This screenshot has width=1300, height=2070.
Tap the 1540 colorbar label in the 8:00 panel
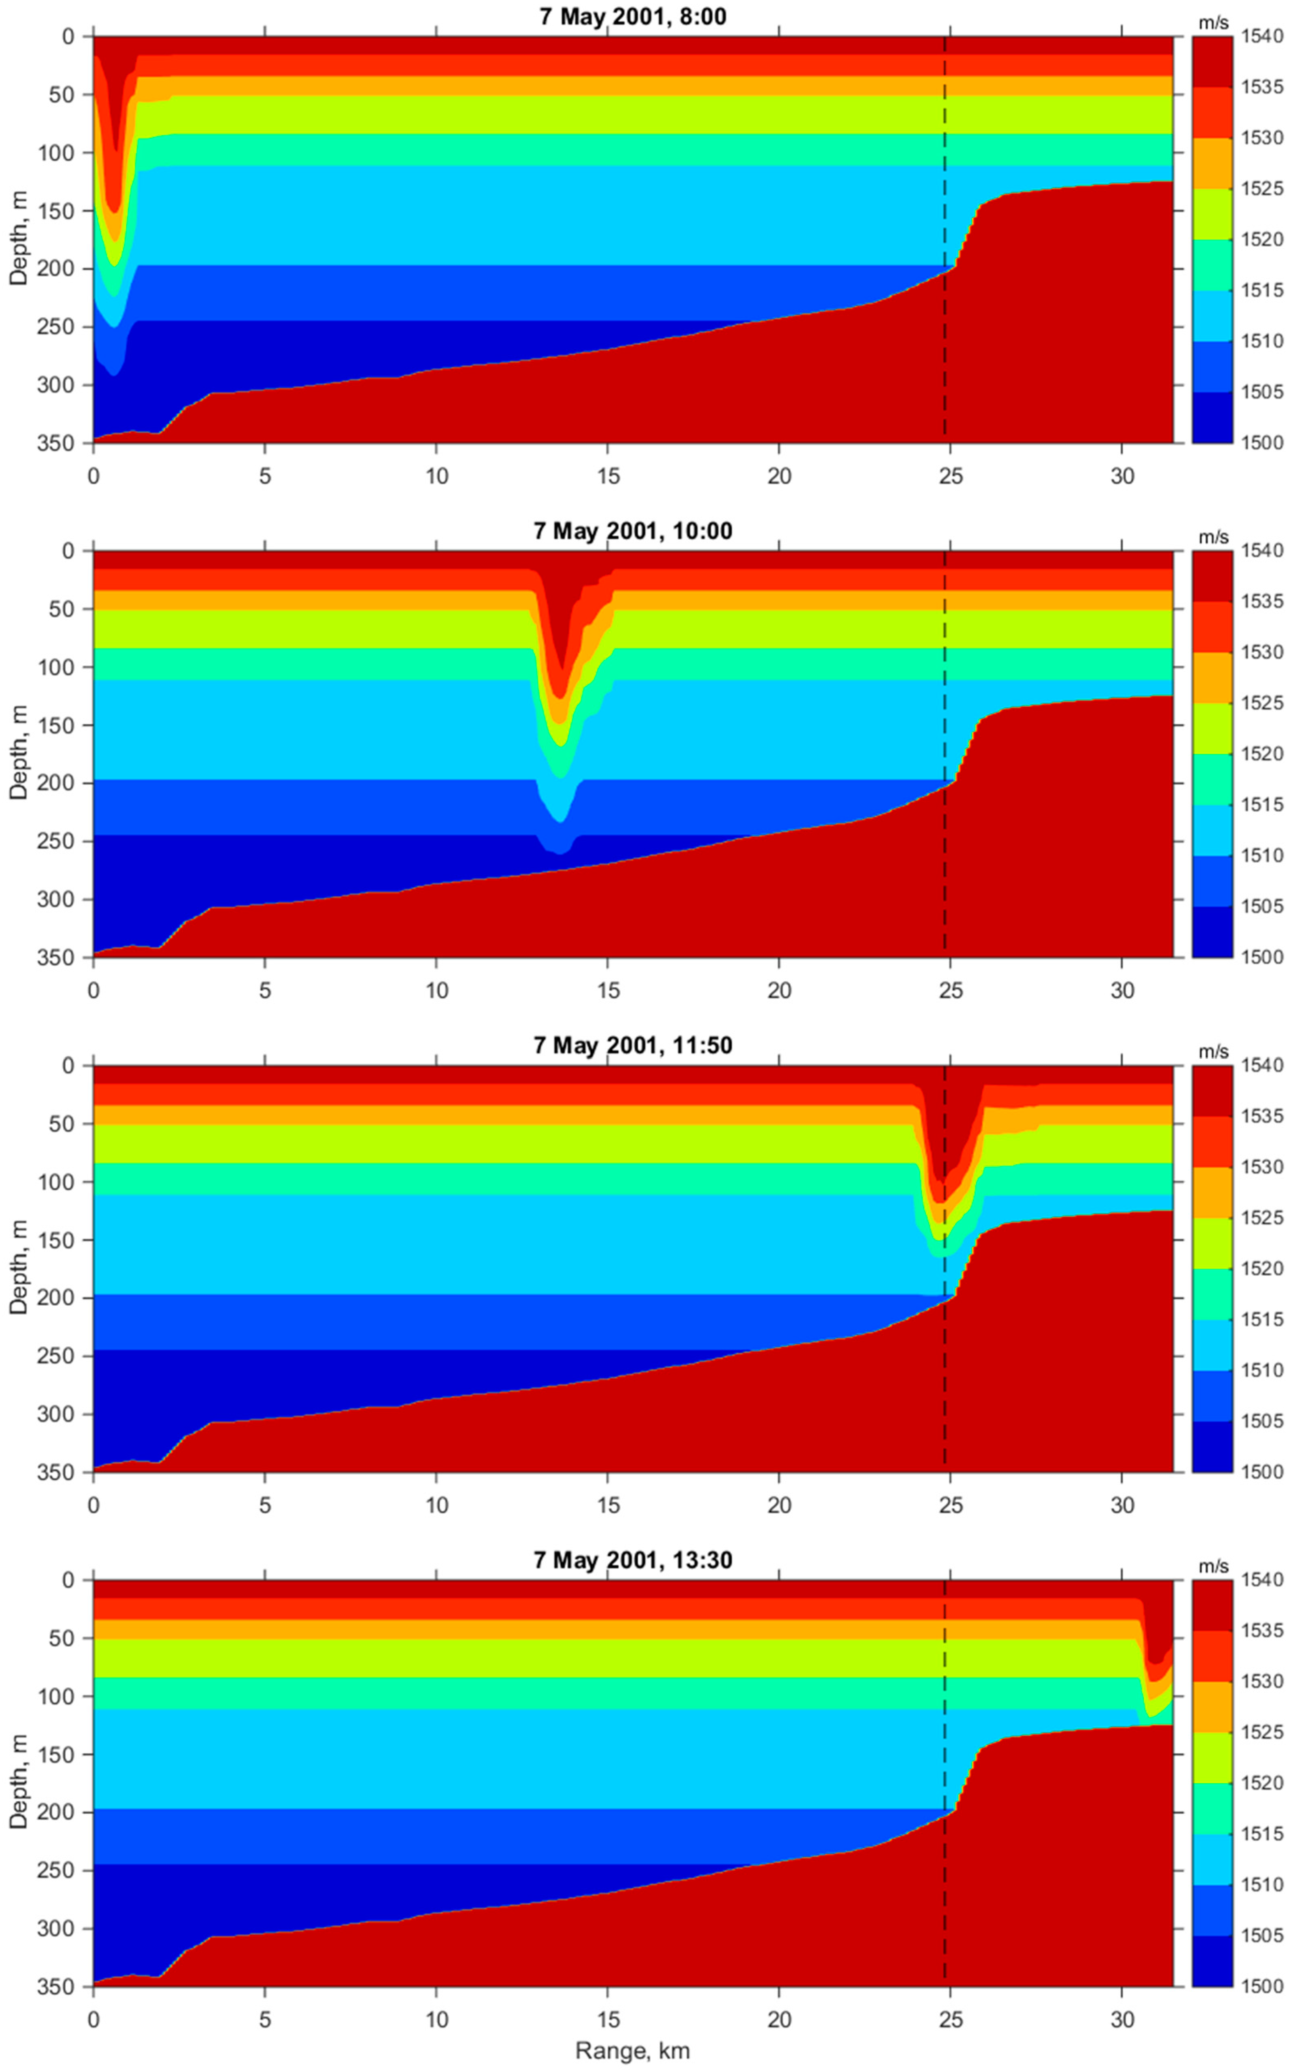tap(1260, 36)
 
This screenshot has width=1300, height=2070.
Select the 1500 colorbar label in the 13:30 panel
tap(1260, 1986)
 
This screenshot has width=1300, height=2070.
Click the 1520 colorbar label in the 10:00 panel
tap(1260, 754)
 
